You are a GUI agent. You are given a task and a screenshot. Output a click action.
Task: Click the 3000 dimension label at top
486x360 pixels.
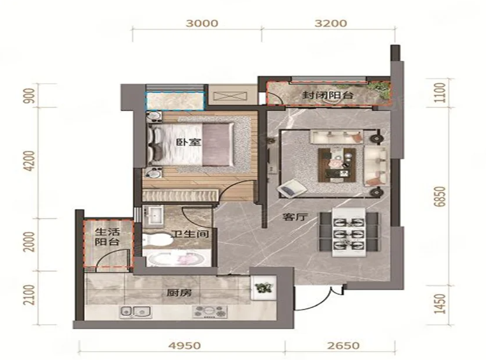click(x=202, y=23)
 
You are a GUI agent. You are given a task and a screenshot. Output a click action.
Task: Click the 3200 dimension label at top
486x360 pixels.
click(x=330, y=23)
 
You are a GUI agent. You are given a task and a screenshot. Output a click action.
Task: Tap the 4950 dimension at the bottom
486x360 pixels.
click(x=185, y=345)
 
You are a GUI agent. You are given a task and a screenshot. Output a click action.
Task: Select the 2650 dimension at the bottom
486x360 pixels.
click(x=343, y=345)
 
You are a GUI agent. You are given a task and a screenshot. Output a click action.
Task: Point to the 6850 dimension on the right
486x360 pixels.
click(x=440, y=197)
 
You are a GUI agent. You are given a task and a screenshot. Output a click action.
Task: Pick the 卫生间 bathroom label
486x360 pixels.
click(x=190, y=234)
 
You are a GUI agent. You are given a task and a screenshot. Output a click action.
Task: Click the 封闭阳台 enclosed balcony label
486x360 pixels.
click(x=328, y=95)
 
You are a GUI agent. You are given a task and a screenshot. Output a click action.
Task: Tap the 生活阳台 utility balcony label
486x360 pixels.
click(x=107, y=237)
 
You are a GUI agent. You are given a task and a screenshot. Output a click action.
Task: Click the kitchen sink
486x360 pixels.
click(x=136, y=311)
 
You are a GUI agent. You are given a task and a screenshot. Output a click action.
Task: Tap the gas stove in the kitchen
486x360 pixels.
click(x=210, y=311)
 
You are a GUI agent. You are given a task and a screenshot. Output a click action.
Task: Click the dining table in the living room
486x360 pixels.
click(x=349, y=232)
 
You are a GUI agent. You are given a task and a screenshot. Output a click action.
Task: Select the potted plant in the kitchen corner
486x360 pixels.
click(x=263, y=287)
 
